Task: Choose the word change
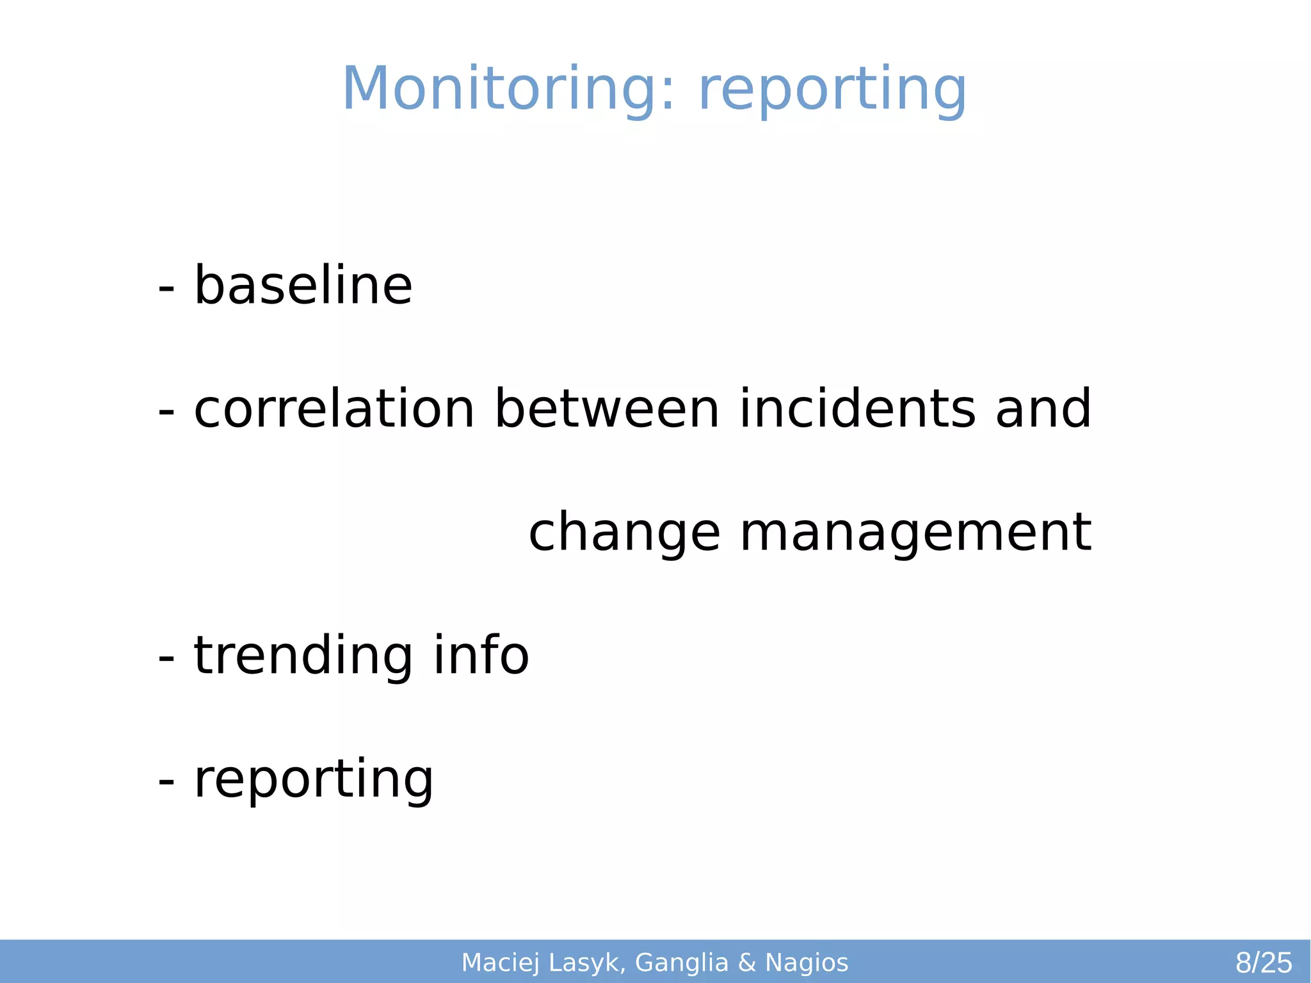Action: (624, 533)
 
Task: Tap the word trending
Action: (303, 656)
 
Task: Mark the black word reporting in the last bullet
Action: (314, 780)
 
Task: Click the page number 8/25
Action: (1264, 963)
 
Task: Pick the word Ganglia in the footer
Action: (682, 963)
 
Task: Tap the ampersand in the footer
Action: (747, 963)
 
